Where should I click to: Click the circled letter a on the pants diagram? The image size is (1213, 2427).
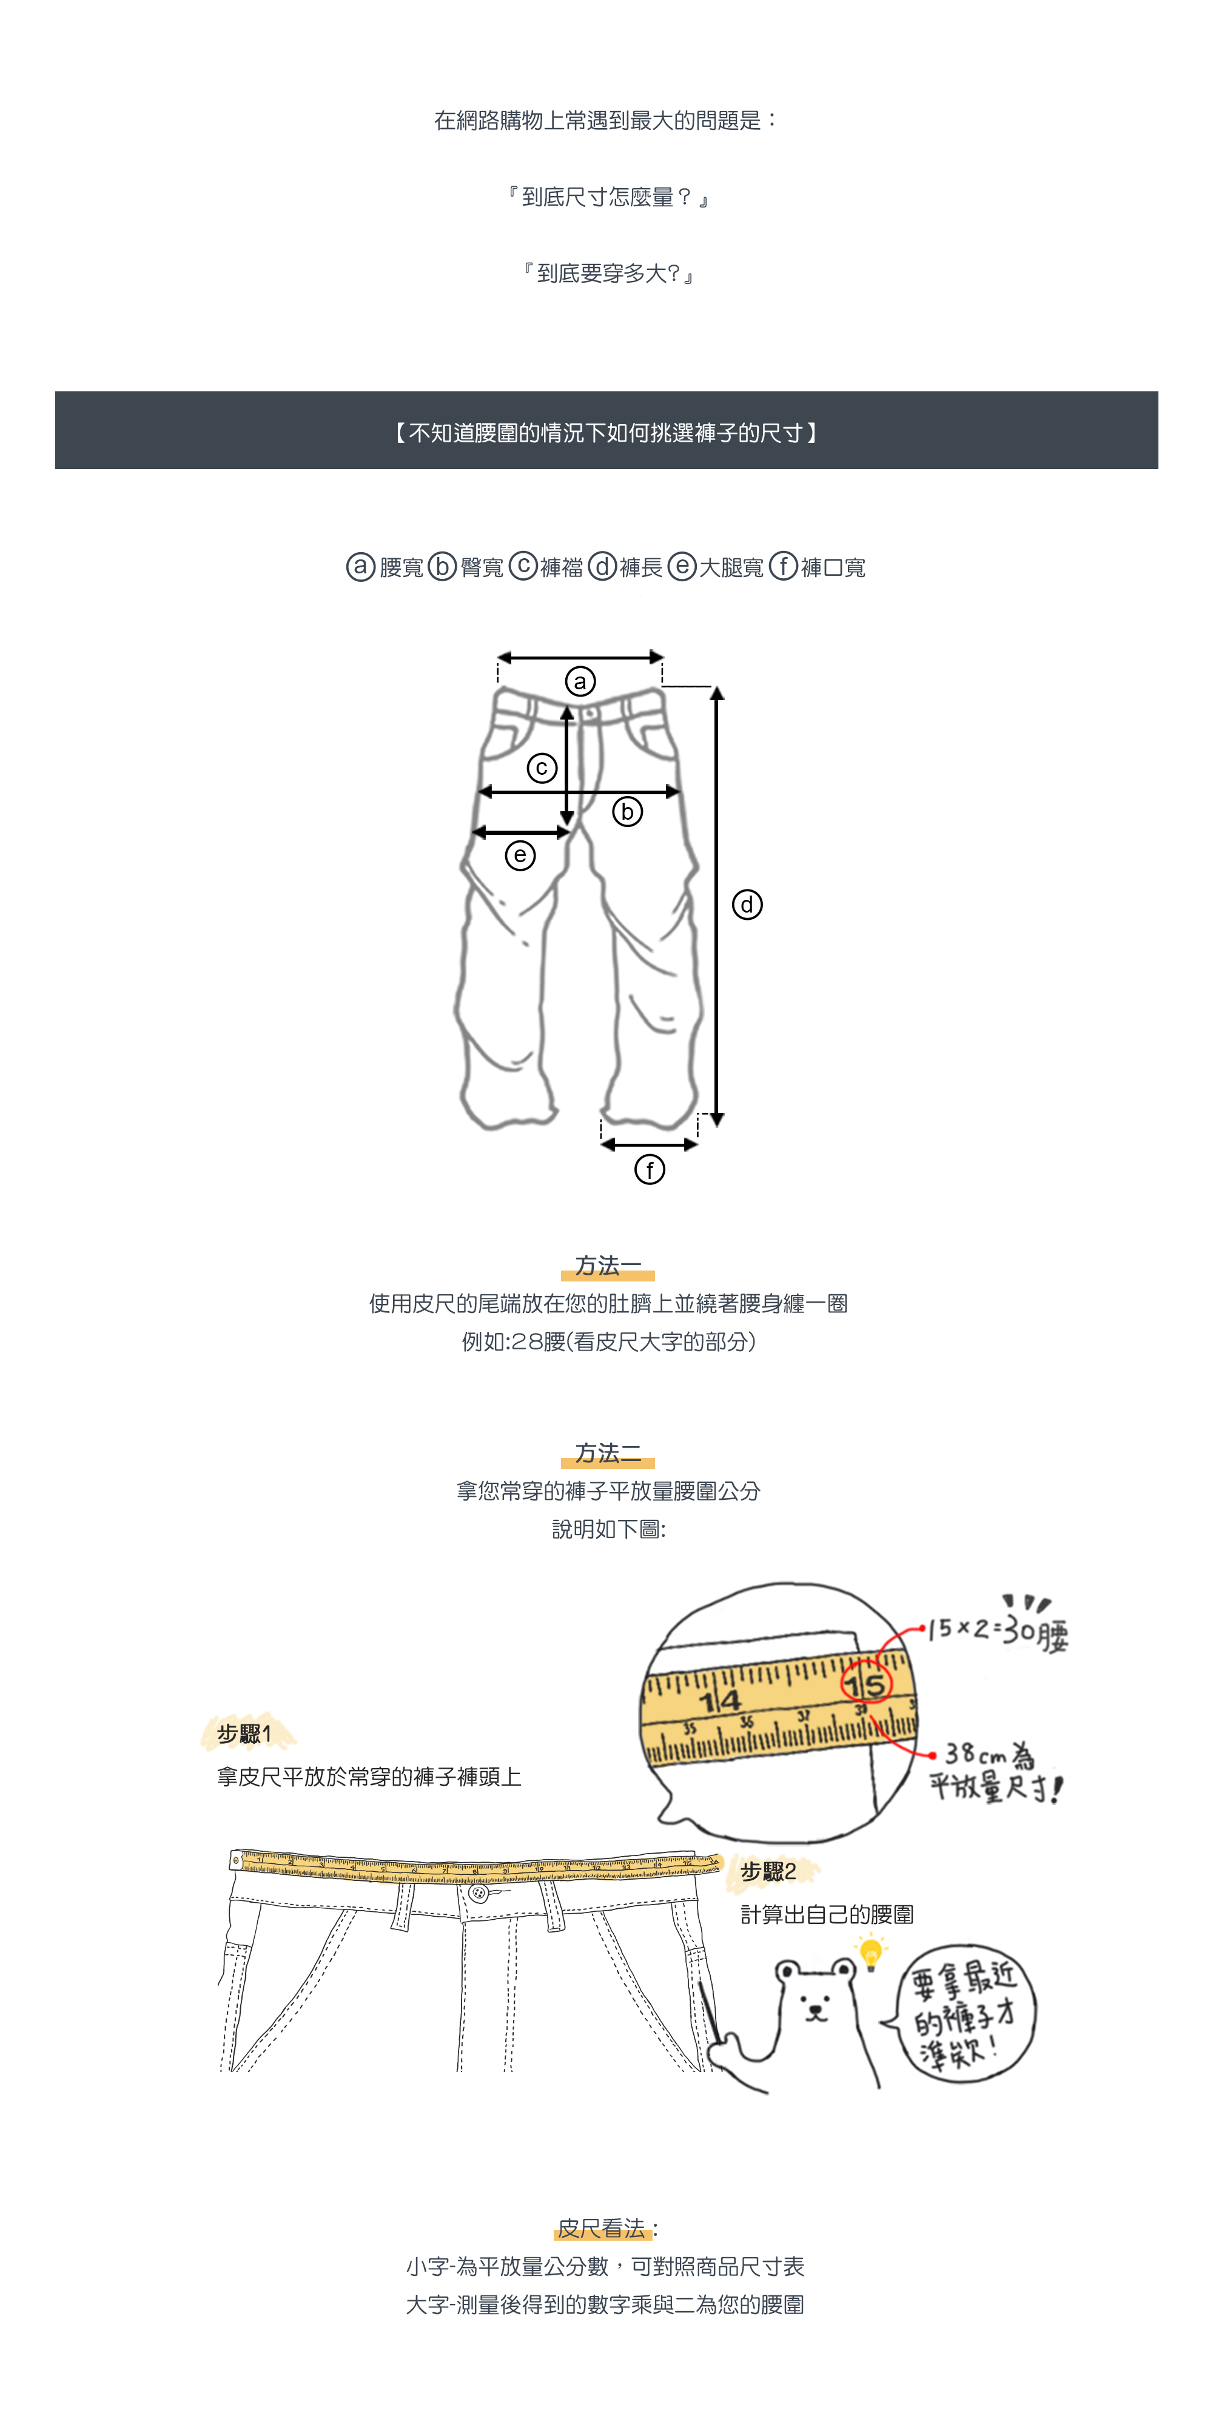(580, 681)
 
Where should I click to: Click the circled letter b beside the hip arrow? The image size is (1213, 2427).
(627, 811)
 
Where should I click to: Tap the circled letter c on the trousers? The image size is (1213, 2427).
(542, 768)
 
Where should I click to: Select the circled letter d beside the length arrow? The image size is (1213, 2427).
(747, 905)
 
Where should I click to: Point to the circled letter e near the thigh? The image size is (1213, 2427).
(520, 856)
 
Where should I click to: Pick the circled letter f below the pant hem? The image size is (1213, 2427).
(650, 1170)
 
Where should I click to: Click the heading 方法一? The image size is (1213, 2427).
(608, 1265)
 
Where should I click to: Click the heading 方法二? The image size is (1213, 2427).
(608, 1453)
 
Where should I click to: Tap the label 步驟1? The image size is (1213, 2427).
(245, 1733)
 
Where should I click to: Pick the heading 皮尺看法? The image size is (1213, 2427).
(603, 2228)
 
